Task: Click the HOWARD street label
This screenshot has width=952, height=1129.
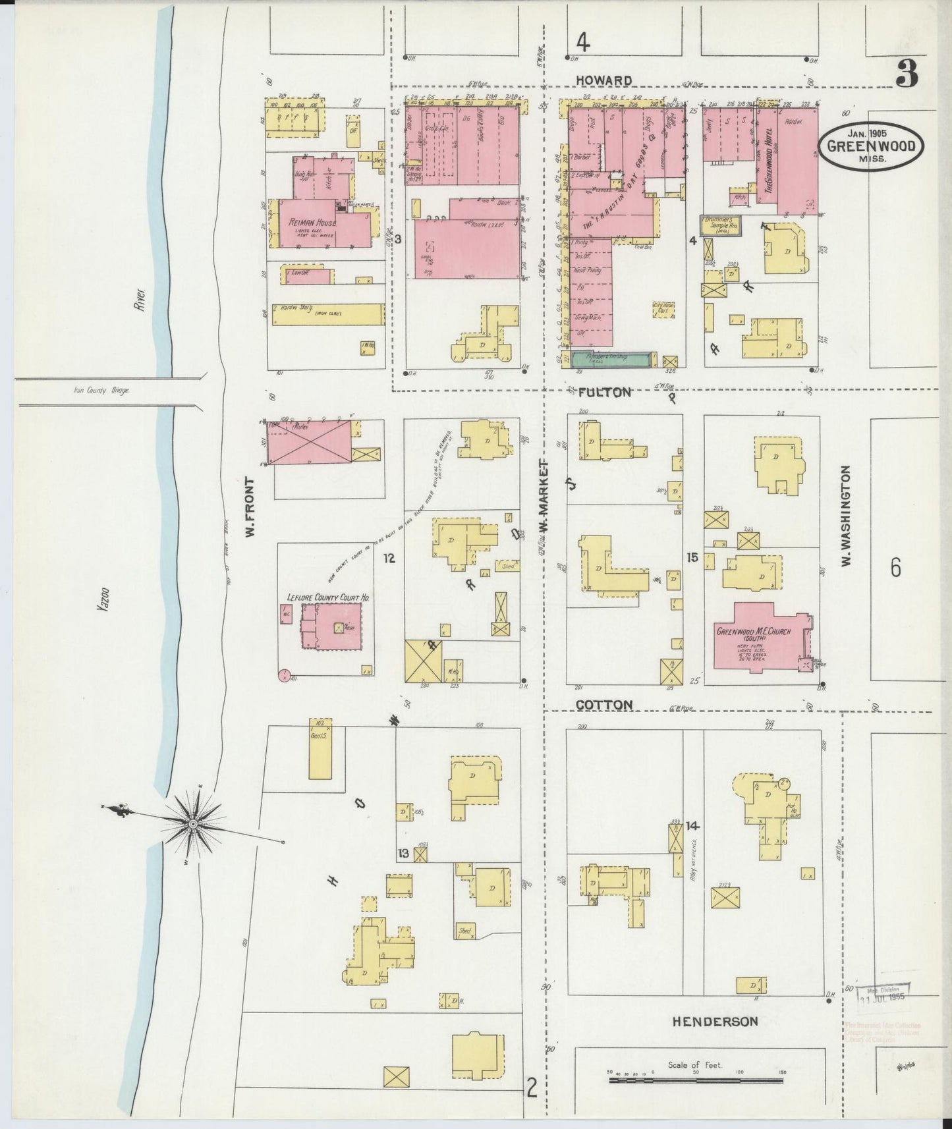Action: click(604, 80)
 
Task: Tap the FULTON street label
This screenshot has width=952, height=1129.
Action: click(604, 393)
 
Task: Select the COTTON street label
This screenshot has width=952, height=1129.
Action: click(604, 705)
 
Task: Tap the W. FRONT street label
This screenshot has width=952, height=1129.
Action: click(251, 507)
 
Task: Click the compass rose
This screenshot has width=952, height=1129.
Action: click(193, 823)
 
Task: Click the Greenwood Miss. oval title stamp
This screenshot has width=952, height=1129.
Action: click(870, 146)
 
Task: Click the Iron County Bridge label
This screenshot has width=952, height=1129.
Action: click(101, 390)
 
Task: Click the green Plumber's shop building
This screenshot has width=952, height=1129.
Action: click(611, 359)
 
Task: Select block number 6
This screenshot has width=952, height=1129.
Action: click(895, 567)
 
